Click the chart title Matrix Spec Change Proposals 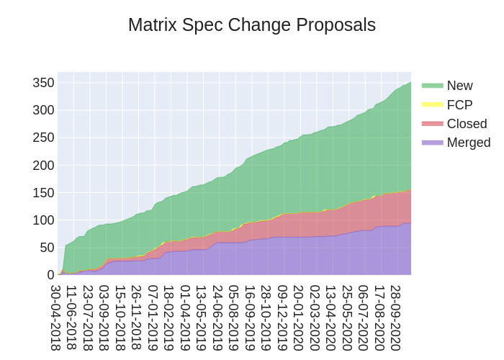[x=252, y=25]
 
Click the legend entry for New [x=459, y=86]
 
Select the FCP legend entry [x=459, y=104]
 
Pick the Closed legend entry [x=467, y=123]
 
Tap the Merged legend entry [x=469, y=142]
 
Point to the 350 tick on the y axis [x=43, y=83]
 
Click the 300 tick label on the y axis [x=43, y=110]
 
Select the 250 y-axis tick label [x=43, y=138]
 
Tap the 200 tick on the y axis [x=43, y=165]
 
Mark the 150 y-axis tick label [x=43, y=192]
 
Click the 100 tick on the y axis [x=43, y=220]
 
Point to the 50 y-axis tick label [x=47, y=247]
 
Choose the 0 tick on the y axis [x=50, y=274]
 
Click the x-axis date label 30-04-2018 [x=55, y=317]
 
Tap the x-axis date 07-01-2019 [x=153, y=317]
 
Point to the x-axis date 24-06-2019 [x=217, y=317]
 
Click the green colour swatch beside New [x=433, y=86]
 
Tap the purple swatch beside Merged [x=433, y=142]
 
